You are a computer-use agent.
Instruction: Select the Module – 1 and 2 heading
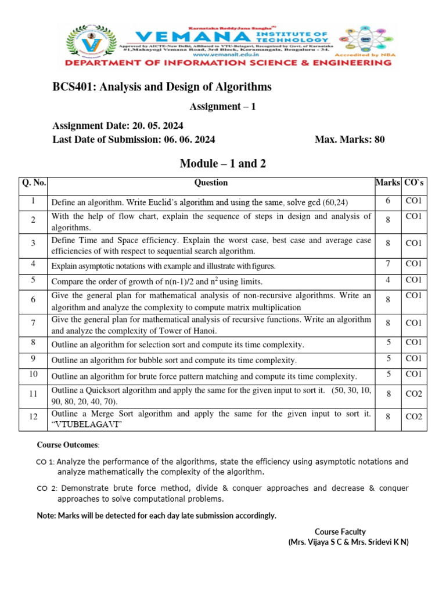click(x=222, y=164)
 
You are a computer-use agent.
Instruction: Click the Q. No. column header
click(x=34, y=183)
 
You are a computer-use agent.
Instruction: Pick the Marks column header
click(x=387, y=183)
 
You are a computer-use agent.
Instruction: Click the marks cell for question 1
click(x=387, y=201)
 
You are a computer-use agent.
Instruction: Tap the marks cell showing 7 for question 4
click(x=387, y=264)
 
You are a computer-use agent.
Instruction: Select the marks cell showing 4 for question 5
click(x=387, y=280)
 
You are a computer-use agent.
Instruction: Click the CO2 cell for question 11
click(x=413, y=394)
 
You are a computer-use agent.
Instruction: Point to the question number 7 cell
click(x=34, y=323)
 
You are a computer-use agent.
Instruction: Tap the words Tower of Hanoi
click(x=190, y=331)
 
